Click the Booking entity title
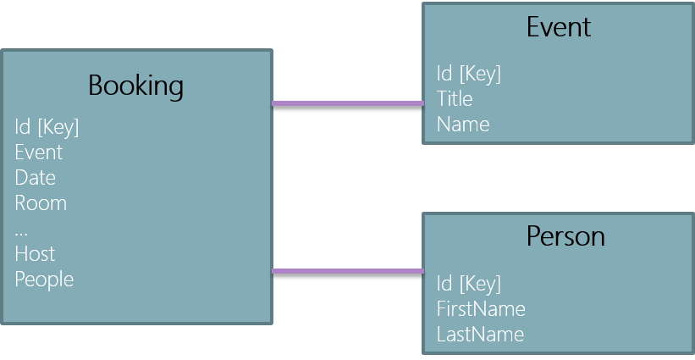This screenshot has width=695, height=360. click(x=135, y=86)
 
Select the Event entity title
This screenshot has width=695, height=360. click(x=558, y=27)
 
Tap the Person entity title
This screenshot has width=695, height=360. click(x=565, y=235)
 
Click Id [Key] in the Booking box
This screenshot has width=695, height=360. click(x=47, y=127)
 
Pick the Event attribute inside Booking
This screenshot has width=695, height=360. click(x=38, y=152)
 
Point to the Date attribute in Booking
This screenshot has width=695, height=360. click(x=35, y=178)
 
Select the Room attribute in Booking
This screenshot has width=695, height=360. click(x=40, y=203)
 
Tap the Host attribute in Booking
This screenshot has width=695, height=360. click(x=35, y=254)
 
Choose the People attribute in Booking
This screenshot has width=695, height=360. click(x=44, y=280)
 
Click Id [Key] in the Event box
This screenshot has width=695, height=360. click(x=468, y=74)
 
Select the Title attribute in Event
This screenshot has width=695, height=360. click(x=454, y=99)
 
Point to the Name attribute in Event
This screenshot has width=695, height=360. click(x=462, y=125)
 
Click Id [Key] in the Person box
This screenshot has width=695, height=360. click(x=468, y=283)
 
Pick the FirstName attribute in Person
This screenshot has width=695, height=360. click(x=480, y=308)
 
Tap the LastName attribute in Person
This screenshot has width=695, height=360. click(x=479, y=334)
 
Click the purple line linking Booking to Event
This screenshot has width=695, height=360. click(x=347, y=103)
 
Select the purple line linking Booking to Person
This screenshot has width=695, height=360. click(x=347, y=271)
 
